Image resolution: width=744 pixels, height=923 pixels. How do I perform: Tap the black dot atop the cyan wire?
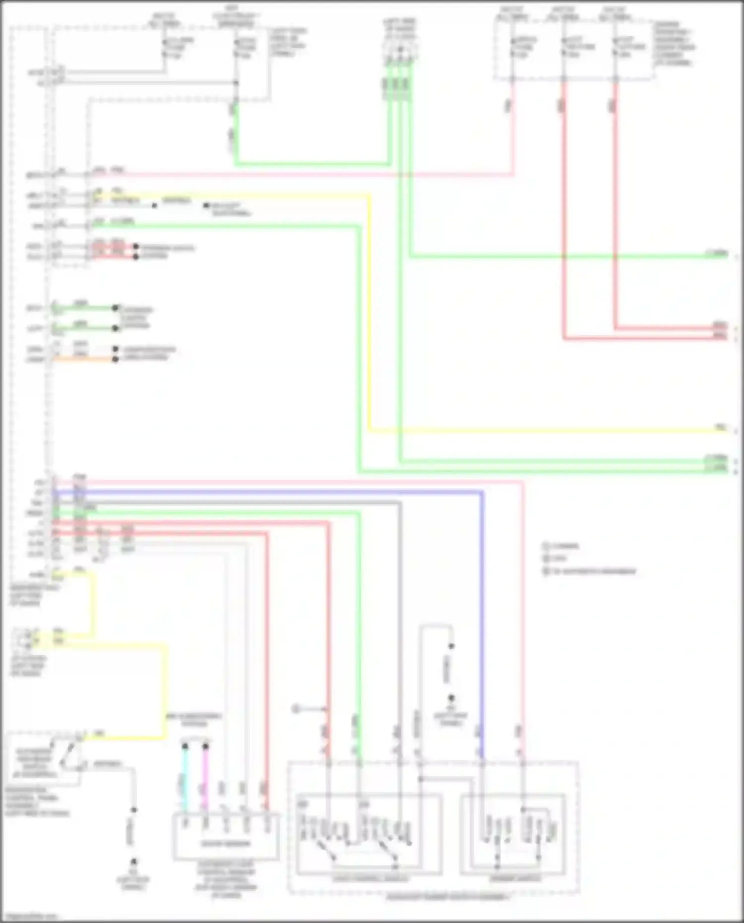click(x=185, y=746)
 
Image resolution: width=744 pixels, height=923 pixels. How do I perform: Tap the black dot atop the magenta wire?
click(x=205, y=746)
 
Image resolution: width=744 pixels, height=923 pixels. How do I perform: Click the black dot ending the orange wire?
click(x=115, y=360)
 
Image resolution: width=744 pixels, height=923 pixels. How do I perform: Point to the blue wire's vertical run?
click(x=482, y=620)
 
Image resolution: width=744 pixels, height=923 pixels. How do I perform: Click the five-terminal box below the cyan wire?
click(x=226, y=837)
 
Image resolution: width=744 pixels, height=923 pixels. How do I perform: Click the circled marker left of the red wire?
click(x=296, y=709)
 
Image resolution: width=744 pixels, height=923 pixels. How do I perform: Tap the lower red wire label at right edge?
click(x=720, y=337)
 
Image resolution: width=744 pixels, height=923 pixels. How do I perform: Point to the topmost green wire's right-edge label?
click(x=717, y=254)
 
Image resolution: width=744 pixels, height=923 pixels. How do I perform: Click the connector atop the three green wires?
click(x=400, y=51)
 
